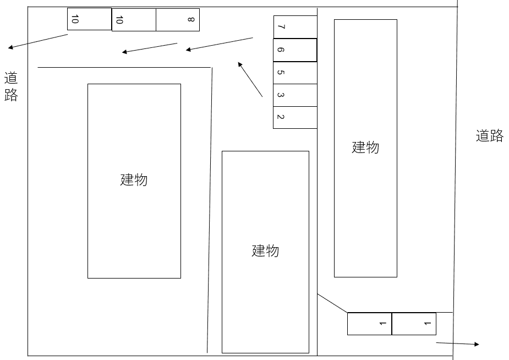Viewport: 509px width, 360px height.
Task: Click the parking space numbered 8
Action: [x=178, y=20]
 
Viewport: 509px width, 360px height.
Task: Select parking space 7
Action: [x=295, y=26]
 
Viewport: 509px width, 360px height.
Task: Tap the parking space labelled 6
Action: [x=295, y=50]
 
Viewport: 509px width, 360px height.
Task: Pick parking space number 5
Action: [x=295, y=73]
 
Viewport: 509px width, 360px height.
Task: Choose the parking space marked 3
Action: [x=295, y=95]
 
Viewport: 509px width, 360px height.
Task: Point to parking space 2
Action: [x=295, y=117]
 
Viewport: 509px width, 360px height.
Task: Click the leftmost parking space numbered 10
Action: [x=89, y=19]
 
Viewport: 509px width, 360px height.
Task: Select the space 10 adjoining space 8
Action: [x=134, y=20]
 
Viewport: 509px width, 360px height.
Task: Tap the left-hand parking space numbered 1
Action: [x=369, y=324]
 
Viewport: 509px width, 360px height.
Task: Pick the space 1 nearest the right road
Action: [x=414, y=324]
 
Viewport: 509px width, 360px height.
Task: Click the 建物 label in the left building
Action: [x=134, y=180]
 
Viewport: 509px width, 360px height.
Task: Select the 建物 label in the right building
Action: [x=365, y=148]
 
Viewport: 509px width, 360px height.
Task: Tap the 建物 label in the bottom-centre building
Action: [x=265, y=251]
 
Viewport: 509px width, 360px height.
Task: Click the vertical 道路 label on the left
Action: [x=11, y=86]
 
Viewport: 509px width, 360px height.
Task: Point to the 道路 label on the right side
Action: [x=489, y=136]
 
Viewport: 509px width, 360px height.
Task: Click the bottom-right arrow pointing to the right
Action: [x=457, y=343]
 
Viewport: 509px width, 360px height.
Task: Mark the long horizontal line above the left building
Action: [x=124, y=67]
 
